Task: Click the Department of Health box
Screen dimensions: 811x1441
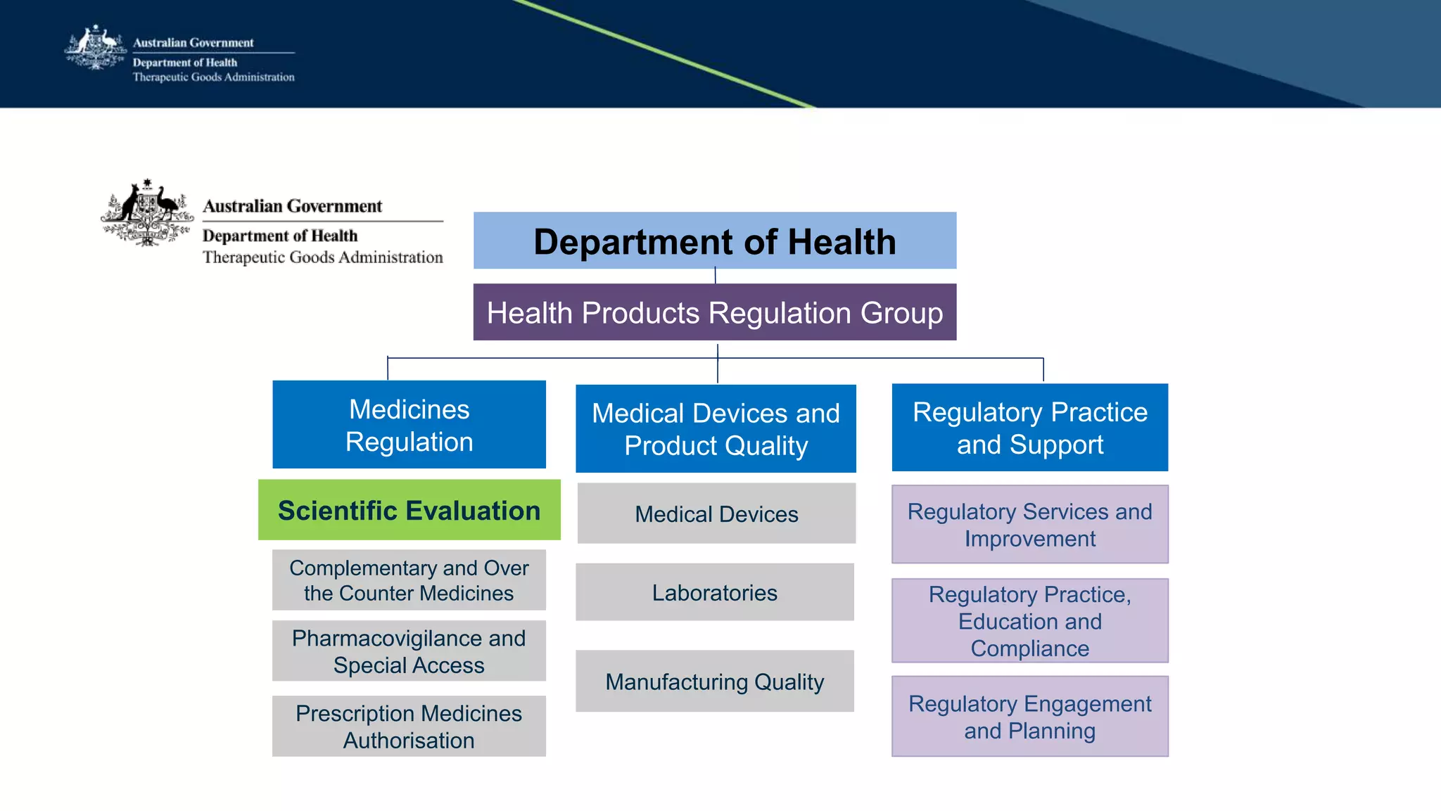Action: [714, 241]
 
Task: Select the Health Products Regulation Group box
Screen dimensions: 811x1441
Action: [714, 312]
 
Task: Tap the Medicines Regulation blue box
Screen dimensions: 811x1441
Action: [409, 425]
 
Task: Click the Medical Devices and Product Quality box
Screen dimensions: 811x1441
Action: [716, 428]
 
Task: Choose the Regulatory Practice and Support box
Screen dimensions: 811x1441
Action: [1029, 427]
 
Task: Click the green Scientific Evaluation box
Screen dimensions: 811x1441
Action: [409, 510]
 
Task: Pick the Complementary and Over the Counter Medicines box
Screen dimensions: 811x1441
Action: [409, 580]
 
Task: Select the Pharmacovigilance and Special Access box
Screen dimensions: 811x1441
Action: [409, 651]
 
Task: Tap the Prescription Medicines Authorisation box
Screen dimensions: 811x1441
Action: [409, 726]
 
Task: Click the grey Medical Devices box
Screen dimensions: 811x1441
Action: [716, 513]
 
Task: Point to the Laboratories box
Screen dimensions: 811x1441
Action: [714, 592]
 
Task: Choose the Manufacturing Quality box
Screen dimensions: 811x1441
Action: [714, 681]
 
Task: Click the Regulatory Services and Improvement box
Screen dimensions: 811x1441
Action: [1029, 524]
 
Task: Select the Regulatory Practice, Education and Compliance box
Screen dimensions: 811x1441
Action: [1029, 621]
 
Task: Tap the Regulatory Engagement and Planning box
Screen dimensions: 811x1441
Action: [1029, 716]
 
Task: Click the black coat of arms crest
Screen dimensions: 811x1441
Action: [147, 213]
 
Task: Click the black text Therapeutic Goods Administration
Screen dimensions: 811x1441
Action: [322, 257]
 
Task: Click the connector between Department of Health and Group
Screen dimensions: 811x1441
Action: [715, 276]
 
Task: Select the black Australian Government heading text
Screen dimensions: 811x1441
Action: [292, 206]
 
